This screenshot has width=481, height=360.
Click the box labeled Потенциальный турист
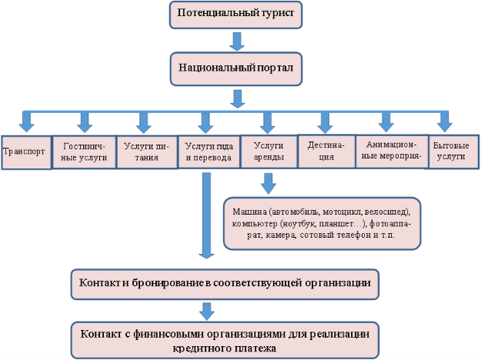(235, 15)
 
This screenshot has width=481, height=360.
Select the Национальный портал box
(236, 68)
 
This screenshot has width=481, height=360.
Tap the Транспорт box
(26, 152)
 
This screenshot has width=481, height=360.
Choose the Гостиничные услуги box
(85, 152)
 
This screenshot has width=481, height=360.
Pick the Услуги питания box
(147, 152)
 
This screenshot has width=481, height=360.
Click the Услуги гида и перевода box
(209, 152)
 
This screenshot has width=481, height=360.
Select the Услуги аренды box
(269, 152)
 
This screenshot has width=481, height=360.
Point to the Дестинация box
(327, 152)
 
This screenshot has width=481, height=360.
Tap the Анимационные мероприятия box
(392, 152)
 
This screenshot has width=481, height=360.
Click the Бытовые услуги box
(454, 152)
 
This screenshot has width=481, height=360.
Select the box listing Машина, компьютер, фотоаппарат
(322, 224)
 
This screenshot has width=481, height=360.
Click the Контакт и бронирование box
(225, 285)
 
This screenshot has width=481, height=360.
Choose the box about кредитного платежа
(225, 340)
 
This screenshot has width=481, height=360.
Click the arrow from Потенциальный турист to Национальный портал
(237, 42)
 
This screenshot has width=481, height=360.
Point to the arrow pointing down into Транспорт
(26, 122)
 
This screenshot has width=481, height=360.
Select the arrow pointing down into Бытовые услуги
(445, 122)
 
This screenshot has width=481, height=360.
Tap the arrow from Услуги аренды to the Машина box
(269, 183)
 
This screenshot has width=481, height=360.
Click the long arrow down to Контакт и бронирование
(206, 215)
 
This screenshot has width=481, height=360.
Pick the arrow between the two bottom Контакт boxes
(207, 312)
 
